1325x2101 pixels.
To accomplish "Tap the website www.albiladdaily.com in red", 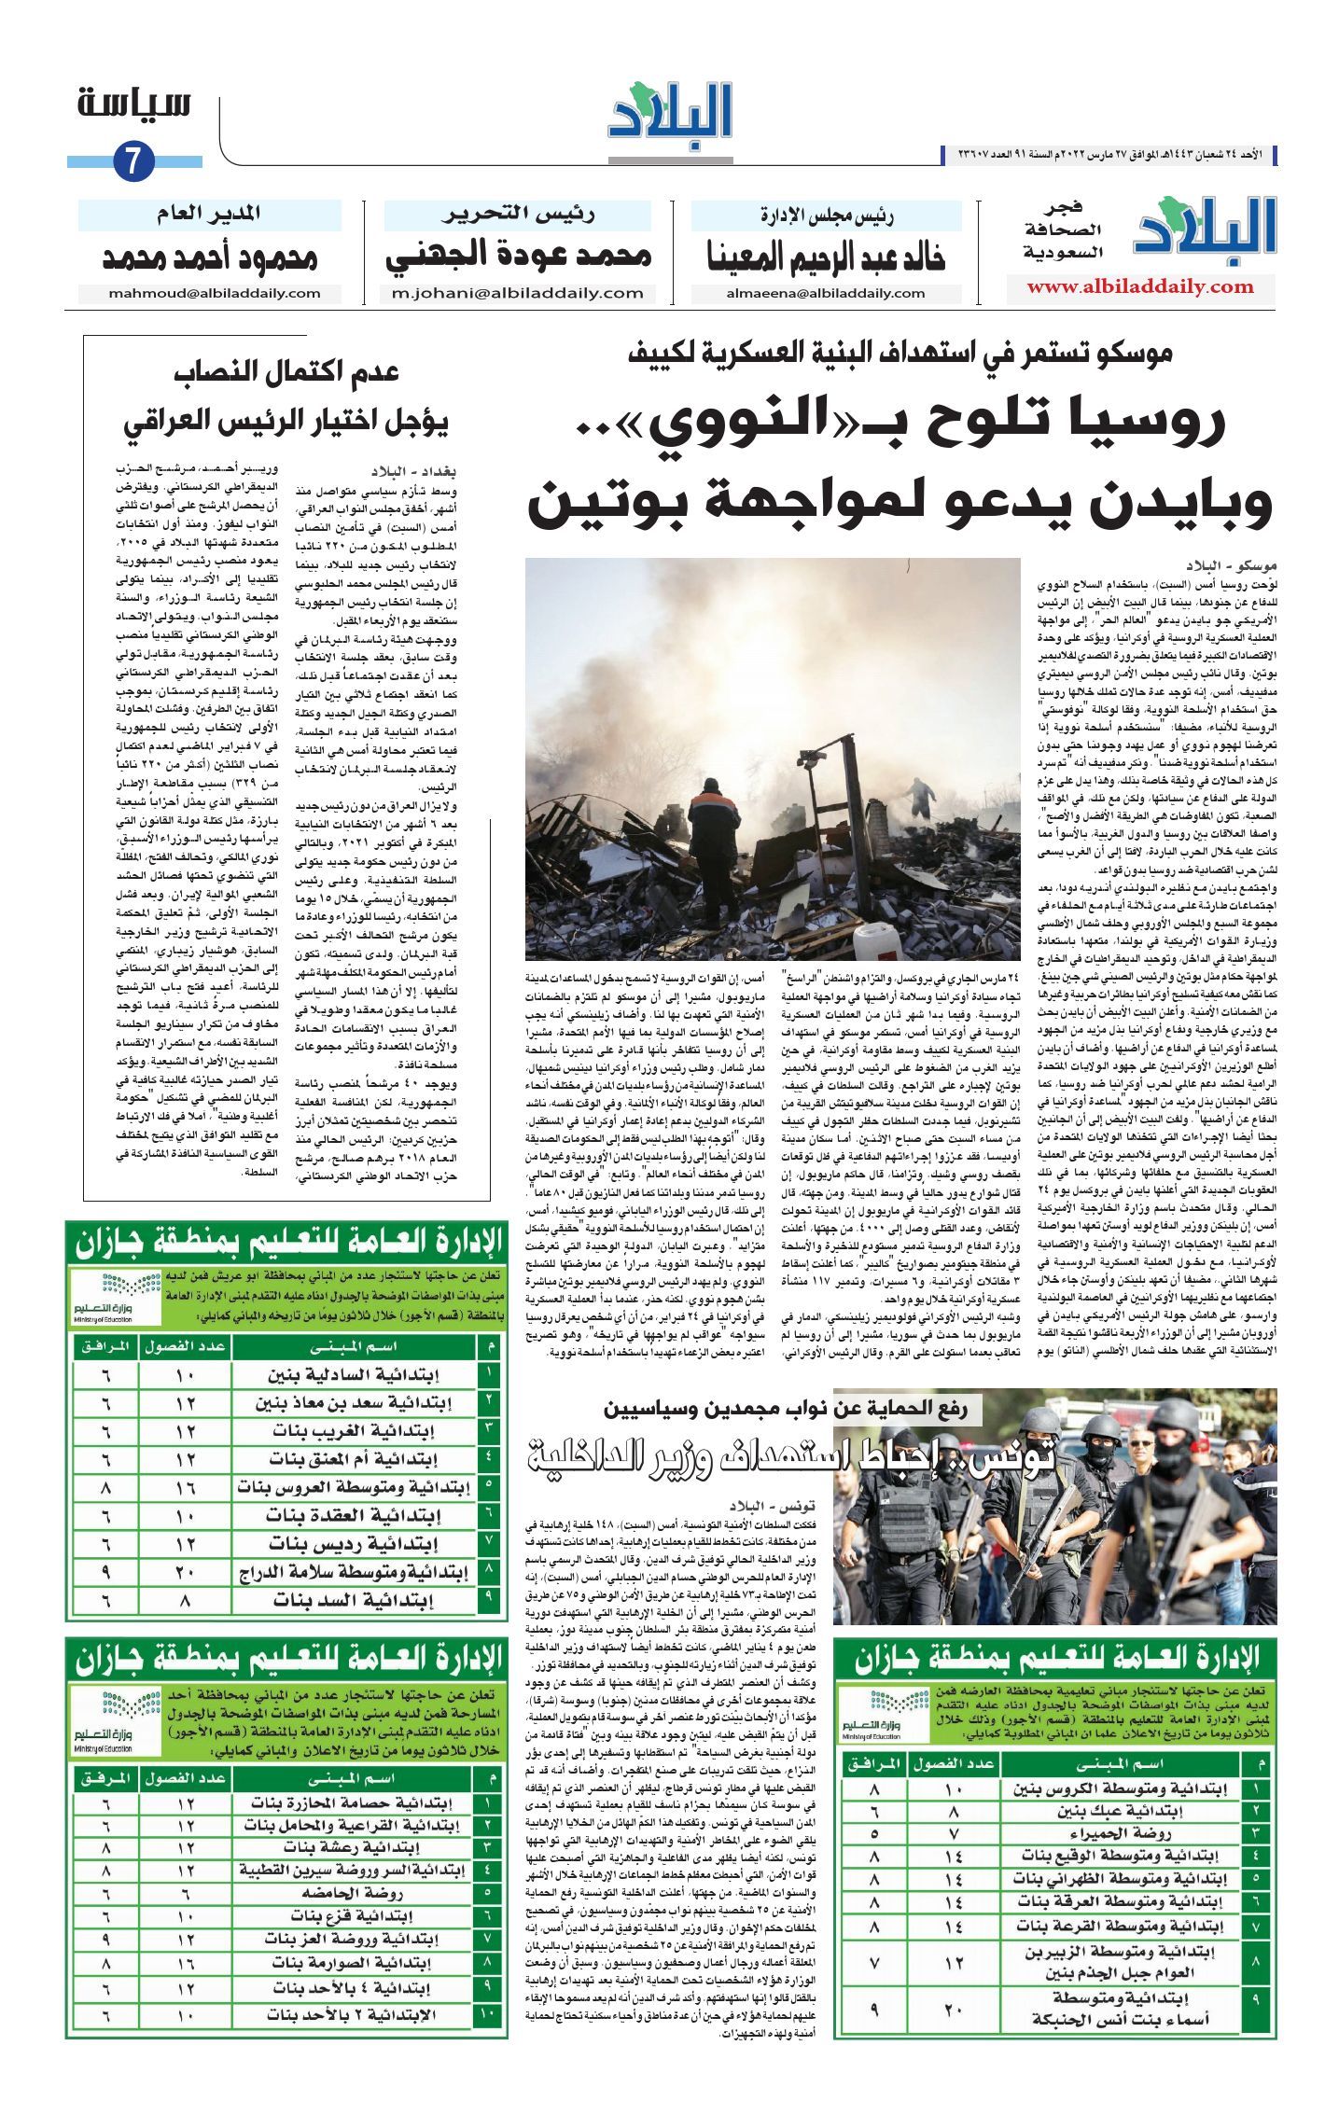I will (x=1140, y=286).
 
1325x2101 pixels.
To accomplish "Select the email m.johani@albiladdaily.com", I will (x=518, y=293).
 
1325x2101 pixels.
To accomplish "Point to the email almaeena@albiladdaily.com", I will (x=826, y=293).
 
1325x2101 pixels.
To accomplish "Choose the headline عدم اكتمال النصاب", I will (x=286, y=371).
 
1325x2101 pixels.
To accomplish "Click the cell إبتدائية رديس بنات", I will (x=354, y=1544).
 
